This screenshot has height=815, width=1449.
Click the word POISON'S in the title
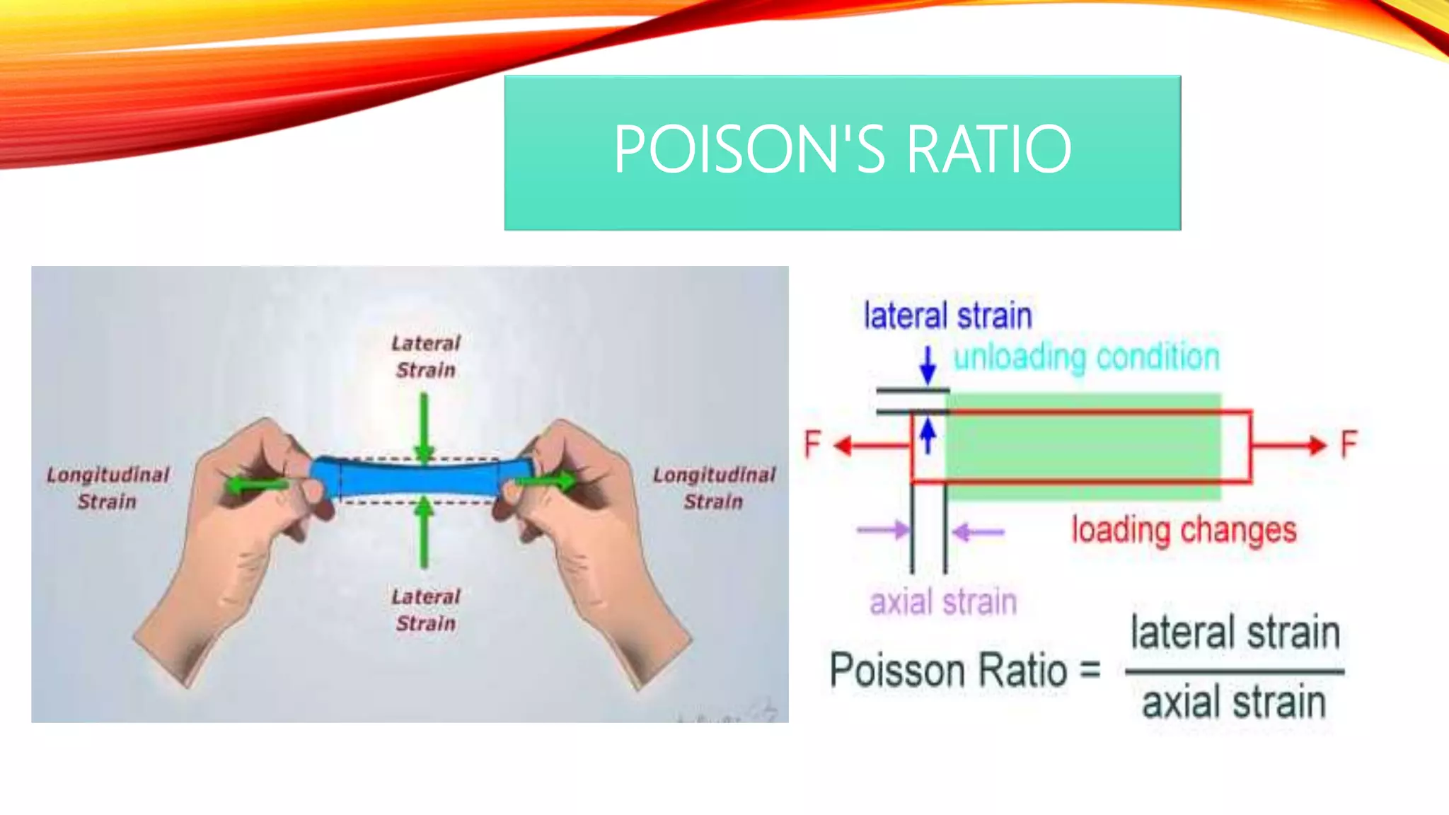click(x=749, y=149)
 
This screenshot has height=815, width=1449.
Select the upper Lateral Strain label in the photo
click(x=426, y=357)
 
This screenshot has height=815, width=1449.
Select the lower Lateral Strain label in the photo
click(x=426, y=610)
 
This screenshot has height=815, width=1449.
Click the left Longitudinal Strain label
click(x=108, y=487)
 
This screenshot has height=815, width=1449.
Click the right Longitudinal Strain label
click(x=714, y=487)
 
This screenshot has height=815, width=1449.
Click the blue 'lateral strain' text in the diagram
click(x=947, y=316)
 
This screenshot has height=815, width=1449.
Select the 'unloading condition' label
click(x=1086, y=357)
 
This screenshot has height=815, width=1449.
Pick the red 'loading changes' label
click(x=1184, y=530)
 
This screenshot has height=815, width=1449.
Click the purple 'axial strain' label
click(x=943, y=602)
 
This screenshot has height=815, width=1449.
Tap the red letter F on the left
click(x=812, y=444)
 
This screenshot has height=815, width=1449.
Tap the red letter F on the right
click(x=1349, y=444)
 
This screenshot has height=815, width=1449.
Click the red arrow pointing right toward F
click(x=1288, y=445)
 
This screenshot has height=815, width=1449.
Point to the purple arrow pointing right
click(x=883, y=530)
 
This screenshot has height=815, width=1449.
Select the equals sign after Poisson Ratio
click(x=1090, y=669)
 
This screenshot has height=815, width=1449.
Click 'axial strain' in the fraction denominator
click(x=1234, y=703)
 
